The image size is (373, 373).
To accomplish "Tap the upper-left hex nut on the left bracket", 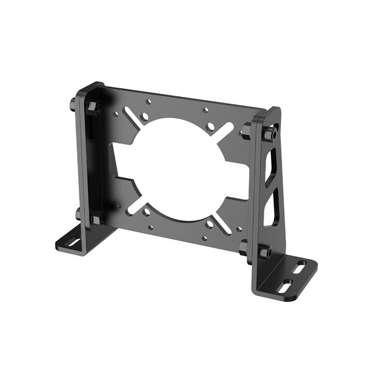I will (x=93, y=108).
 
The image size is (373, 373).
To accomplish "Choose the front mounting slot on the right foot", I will (x=287, y=287).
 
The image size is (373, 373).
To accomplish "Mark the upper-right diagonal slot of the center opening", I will (x=225, y=131).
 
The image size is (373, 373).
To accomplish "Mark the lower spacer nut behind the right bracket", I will (x=244, y=248).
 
